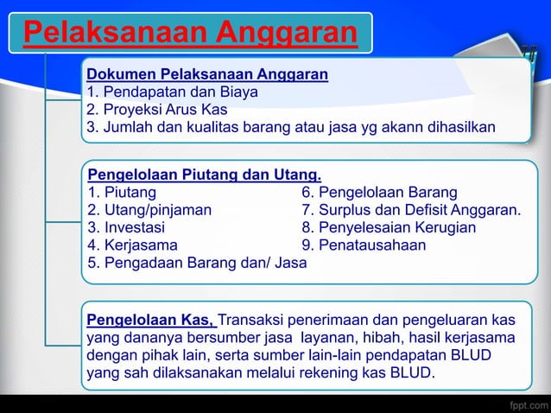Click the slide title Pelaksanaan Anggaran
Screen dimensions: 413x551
tap(190, 33)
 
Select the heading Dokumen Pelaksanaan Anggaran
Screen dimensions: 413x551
tap(206, 74)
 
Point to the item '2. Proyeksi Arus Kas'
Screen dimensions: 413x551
tap(156, 111)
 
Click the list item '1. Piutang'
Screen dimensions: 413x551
tap(122, 192)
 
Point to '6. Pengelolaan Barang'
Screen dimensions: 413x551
tap(379, 192)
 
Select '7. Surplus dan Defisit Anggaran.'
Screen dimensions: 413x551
tap(411, 209)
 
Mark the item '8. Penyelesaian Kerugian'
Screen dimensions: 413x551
tap(388, 227)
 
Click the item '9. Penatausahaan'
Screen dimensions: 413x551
tap(363, 245)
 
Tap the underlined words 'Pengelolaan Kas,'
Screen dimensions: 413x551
tap(150, 320)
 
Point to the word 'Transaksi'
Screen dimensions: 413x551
tap(252, 320)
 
